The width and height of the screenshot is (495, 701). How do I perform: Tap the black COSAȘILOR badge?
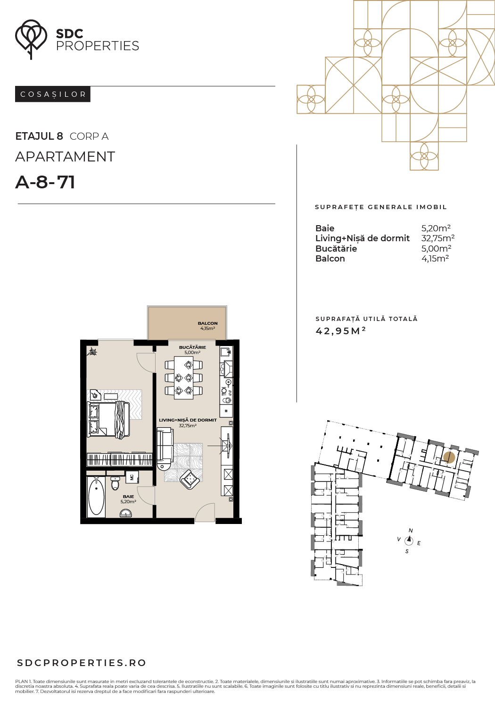tap(52, 94)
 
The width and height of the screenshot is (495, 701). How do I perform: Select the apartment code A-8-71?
tap(45, 182)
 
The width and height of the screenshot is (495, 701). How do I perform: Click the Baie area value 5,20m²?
tap(436, 228)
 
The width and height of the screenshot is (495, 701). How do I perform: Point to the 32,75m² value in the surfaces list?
tap(438, 238)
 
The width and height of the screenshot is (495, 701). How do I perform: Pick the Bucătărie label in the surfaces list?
tap(336, 248)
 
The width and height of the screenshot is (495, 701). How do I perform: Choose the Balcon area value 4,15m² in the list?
tap(435, 259)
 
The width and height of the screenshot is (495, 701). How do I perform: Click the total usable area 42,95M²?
tap(341, 331)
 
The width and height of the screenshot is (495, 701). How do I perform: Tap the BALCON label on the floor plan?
tap(207, 323)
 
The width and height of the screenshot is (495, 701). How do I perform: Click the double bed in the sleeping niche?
tap(108, 419)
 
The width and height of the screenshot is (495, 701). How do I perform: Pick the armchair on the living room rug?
tap(190, 479)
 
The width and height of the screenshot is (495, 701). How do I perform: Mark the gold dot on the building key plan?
tap(449, 457)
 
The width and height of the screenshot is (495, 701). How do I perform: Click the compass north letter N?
tap(411, 531)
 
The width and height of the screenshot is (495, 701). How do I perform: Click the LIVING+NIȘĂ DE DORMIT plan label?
tap(188, 420)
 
